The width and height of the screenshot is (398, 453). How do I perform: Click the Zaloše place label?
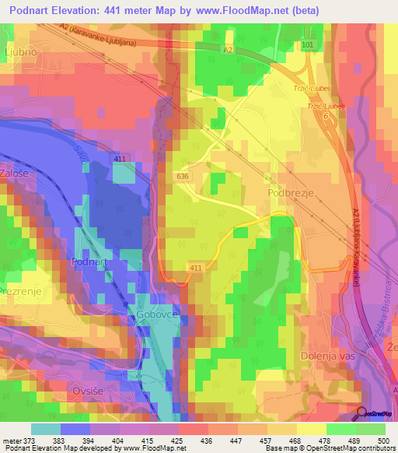click(x=16, y=174)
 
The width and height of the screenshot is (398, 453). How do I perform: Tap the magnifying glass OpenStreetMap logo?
click(x=361, y=414)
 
